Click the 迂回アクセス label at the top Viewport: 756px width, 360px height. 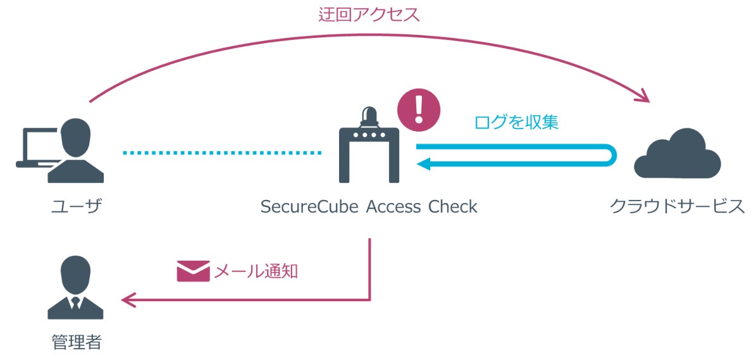coord(369,15)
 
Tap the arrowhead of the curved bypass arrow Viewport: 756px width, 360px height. coord(643,97)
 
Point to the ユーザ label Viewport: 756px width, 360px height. coord(76,206)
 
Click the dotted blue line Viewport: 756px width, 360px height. coord(222,152)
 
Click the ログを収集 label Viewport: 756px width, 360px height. coord(516,123)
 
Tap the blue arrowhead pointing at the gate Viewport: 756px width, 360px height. coord(423,164)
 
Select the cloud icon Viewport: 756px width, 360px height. coord(678,154)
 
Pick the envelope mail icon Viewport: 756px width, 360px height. coord(192,271)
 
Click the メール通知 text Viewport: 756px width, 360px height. coord(256,272)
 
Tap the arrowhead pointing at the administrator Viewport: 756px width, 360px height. coord(128,299)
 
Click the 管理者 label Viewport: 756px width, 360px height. coord(76,342)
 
